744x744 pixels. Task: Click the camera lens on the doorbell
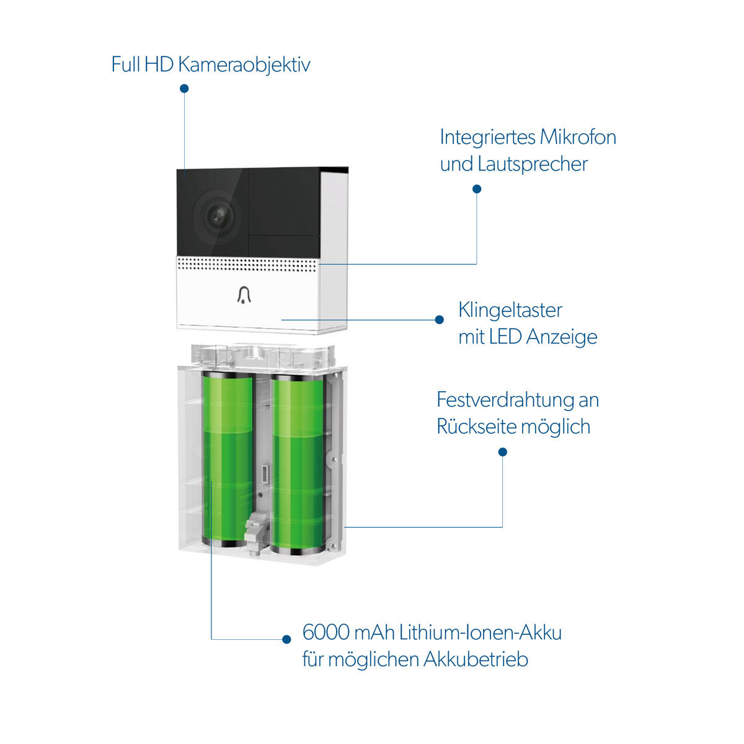216,215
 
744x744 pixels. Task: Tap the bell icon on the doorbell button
244,295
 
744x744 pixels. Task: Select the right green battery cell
298,462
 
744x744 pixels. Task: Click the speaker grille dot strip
247,265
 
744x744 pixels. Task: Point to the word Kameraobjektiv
244,64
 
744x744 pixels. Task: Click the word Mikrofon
578,137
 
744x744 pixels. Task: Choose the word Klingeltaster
510,310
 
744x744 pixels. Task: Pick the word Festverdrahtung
505,400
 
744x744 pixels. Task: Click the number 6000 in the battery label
326,632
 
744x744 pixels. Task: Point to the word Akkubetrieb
476,659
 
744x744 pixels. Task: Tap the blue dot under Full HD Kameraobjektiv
184,89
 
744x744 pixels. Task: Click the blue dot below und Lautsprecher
477,189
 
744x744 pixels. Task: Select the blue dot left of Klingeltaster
440,320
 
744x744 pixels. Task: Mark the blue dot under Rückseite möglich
503,452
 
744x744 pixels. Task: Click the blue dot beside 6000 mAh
286,639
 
